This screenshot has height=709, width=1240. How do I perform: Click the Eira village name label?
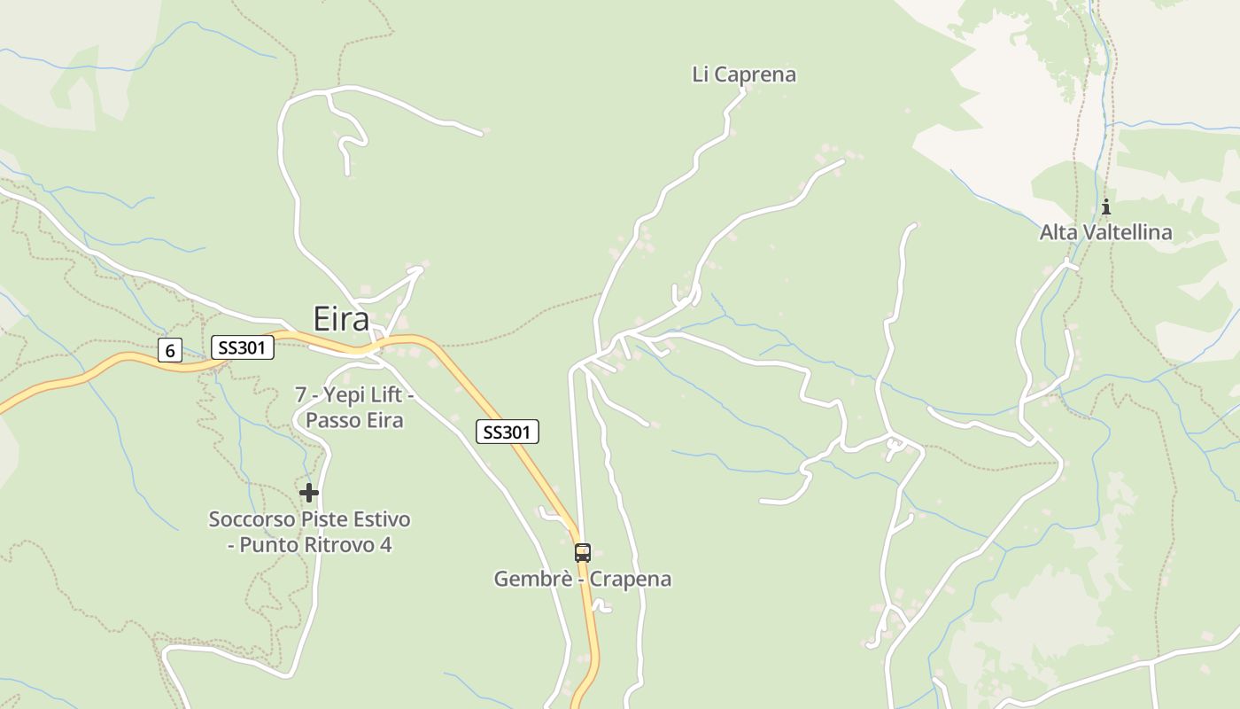click(x=341, y=319)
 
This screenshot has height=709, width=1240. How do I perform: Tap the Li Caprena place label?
click(x=744, y=74)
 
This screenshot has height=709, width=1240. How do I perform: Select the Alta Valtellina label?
click(x=1105, y=232)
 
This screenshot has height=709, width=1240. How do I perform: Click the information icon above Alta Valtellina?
click(x=1105, y=207)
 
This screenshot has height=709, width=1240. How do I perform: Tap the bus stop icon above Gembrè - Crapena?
click(x=582, y=552)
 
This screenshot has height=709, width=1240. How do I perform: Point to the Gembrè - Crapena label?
click(x=582, y=579)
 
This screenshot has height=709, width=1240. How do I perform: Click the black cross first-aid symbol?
click(x=308, y=492)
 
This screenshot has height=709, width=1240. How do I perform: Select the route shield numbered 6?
click(x=170, y=351)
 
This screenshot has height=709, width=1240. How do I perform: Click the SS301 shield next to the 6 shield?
click(x=242, y=347)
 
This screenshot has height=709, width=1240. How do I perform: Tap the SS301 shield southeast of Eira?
click(x=508, y=432)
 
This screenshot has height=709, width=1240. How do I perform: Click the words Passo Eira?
click(x=354, y=420)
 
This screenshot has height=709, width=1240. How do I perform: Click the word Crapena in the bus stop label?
click(x=631, y=579)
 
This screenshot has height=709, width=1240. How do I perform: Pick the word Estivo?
click(x=380, y=518)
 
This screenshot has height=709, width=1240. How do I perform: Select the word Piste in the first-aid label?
click(x=322, y=518)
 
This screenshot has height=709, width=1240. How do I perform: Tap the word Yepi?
click(x=337, y=393)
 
